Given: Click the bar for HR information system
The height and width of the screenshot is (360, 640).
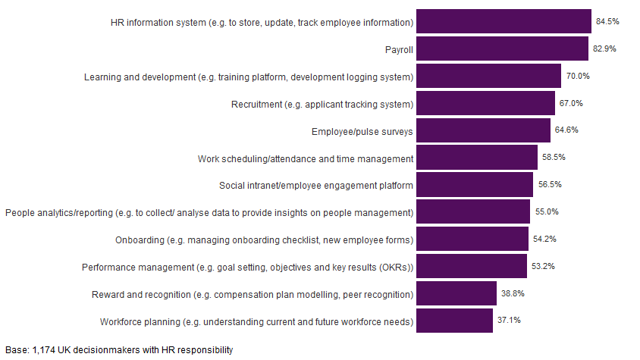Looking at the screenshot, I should (504, 21).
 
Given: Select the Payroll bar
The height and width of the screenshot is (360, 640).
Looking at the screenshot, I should (502, 49).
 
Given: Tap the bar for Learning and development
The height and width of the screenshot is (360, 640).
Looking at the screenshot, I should (488, 76).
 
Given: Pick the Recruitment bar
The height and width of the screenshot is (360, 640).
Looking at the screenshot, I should (485, 103).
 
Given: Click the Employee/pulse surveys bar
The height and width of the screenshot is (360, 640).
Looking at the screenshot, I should (483, 130).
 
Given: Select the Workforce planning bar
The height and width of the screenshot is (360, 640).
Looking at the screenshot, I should (454, 321).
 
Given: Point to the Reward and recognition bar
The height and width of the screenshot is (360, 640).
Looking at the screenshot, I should (456, 293).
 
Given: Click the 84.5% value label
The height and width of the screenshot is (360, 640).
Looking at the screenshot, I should (607, 21).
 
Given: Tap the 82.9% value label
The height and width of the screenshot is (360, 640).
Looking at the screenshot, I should (604, 49).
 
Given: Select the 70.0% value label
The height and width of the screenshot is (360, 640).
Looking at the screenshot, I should (577, 76).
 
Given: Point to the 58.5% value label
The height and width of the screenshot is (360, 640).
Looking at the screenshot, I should (554, 158).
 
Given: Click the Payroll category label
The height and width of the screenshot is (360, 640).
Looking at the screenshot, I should (399, 49).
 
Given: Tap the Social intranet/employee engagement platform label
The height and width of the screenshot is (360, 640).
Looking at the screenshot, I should (315, 185).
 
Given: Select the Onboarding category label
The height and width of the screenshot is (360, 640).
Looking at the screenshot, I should (264, 239).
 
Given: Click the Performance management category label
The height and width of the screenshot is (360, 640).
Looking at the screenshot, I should (247, 267).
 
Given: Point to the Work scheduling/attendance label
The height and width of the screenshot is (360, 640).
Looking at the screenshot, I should (305, 158).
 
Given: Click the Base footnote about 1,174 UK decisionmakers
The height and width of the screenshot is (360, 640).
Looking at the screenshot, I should (118, 350).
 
